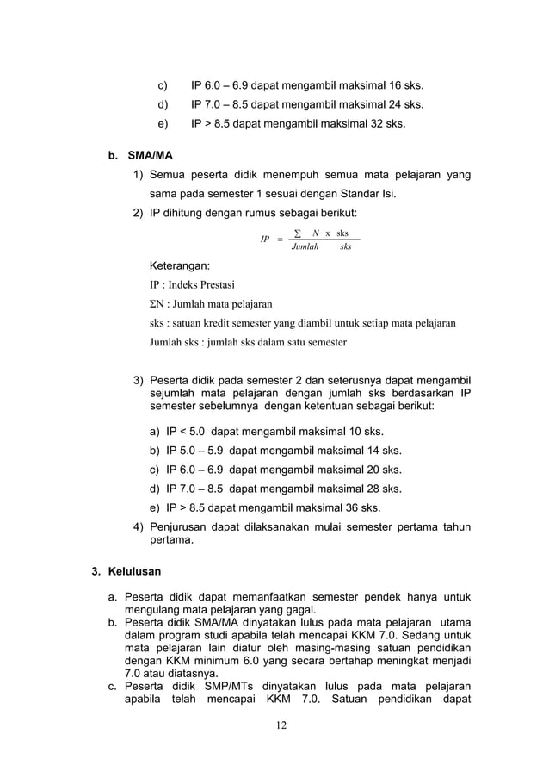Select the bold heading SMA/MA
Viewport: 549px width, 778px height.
(x=150, y=157)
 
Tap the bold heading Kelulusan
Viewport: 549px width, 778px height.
(x=134, y=570)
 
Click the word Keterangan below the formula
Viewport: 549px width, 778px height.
(x=180, y=266)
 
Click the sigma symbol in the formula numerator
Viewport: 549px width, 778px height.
(x=298, y=233)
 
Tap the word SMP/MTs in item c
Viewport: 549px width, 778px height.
(x=233, y=687)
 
